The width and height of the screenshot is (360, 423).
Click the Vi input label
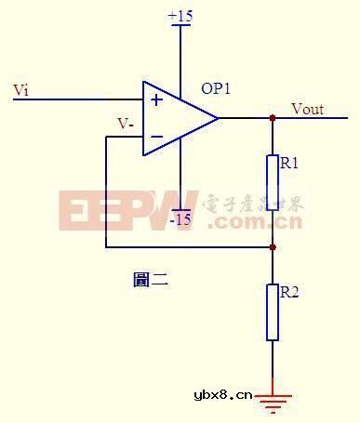[x=20, y=89]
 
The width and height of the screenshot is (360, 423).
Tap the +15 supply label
[x=180, y=16]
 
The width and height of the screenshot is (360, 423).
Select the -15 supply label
[x=180, y=219]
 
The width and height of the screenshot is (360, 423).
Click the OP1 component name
[x=216, y=89]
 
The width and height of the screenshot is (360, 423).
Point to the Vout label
[x=308, y=109]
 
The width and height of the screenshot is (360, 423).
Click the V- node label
[x=125, y=123]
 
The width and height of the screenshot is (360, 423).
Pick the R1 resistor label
[x=288, y=163]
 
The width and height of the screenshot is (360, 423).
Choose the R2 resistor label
[x=288, y=292]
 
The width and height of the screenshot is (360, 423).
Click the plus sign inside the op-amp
[x=156, y=99]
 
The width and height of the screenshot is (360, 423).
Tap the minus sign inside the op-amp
[x=156, y=138]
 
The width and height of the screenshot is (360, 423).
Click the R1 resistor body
[x=273, y=181]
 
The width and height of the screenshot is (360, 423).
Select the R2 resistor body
[x=273, y=311]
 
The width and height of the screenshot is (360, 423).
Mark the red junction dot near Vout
[x=273, y=118]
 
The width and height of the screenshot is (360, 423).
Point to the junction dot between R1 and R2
[x=273, y=247]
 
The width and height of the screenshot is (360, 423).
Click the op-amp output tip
[x=218, y=118]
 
